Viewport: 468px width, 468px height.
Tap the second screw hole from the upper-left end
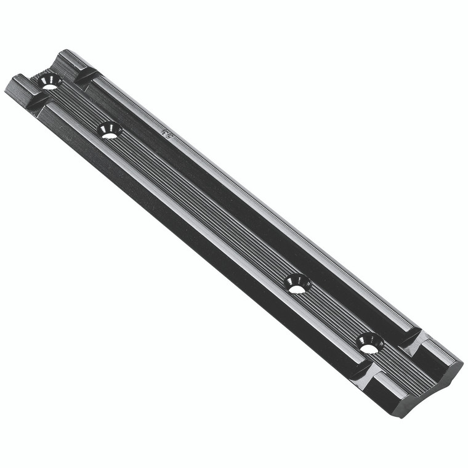110,131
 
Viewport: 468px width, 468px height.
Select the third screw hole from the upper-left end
298,284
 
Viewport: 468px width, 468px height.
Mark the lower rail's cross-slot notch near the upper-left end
38,99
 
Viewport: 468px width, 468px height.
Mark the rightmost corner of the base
462,362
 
